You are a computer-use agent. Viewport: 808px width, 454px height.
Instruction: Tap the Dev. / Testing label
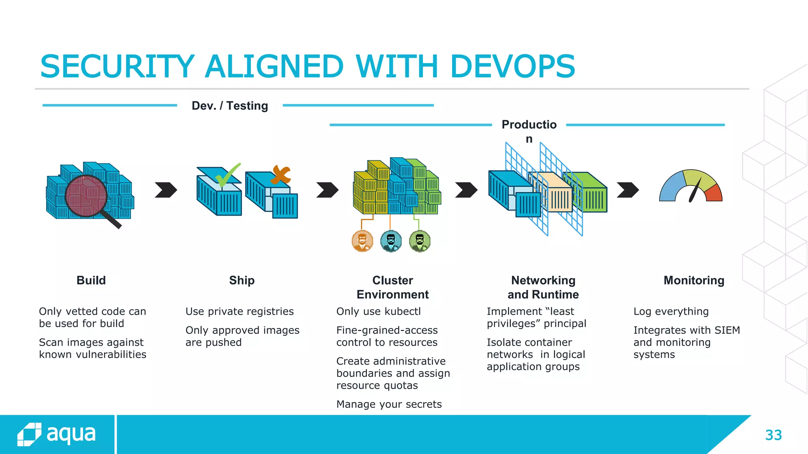tap(230, 106)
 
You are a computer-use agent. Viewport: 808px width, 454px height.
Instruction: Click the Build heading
tap(91, 280)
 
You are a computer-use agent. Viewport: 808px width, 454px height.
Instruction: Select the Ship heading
tap(242, 280)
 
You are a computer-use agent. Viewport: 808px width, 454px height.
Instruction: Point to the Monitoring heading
tap(694, 280)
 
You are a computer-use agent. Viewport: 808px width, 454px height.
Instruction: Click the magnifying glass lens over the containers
tap(86, 196)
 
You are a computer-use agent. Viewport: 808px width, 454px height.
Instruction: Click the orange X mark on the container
tap(281, 175)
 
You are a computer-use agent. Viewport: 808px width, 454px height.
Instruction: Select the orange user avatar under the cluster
tap(362, 241)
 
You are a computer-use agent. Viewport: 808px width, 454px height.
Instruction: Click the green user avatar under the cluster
tap(420, 241)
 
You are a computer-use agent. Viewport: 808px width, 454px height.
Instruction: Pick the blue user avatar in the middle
tap(391, 241)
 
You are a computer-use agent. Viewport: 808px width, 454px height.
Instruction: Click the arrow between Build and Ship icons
tap(166, 190)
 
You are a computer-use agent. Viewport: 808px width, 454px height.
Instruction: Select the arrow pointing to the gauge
tap(628, 190)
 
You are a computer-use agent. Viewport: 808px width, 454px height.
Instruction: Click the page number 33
tap(773, 435)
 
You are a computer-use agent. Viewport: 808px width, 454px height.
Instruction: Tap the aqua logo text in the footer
tap(71, 434)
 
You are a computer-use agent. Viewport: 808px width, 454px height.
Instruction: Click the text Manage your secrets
tap(389, 404)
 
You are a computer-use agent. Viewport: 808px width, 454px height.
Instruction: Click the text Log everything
tap(671, 311)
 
